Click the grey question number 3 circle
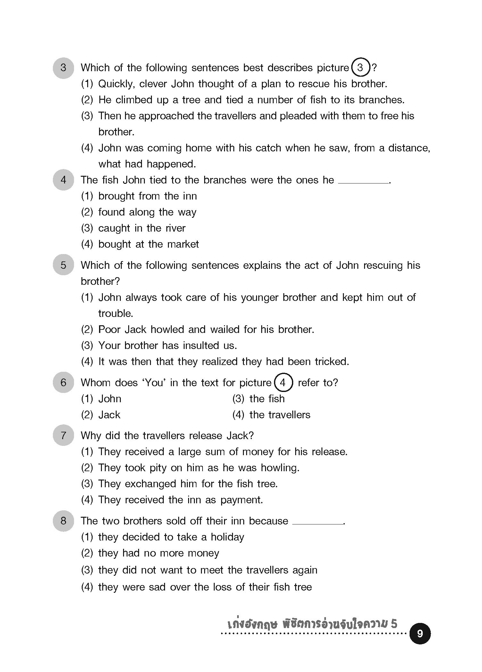click(x=63, y=68)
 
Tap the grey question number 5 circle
click(x=63, y=265)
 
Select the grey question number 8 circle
click(x=63, y=521)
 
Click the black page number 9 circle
click(x=420, y=634)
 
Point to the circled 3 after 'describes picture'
click(x=361, y=68)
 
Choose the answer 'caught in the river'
click(x=142, y=228)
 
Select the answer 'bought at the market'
click(x=148, y=244)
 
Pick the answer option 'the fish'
click(x=267, y=399)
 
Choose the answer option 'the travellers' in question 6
click(x=279, y=415)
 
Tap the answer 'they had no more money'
click(x=159, y=553)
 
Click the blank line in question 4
click(x=363, y=182)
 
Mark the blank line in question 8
click(x=318, y=523)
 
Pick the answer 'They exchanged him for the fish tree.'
click(x=188, y=484)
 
